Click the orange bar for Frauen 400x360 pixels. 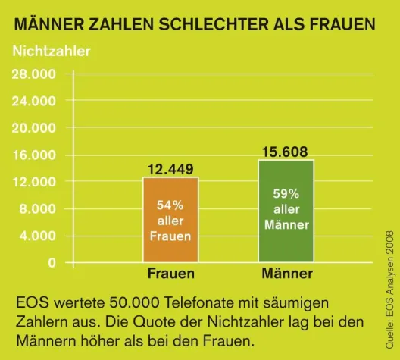[x=170, y=220]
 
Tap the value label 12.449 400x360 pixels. [x=170, y=168]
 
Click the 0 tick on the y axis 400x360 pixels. [x=52, y=263]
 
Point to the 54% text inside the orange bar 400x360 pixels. [x=170, y=205]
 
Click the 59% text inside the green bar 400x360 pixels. [x=286, y=193]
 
